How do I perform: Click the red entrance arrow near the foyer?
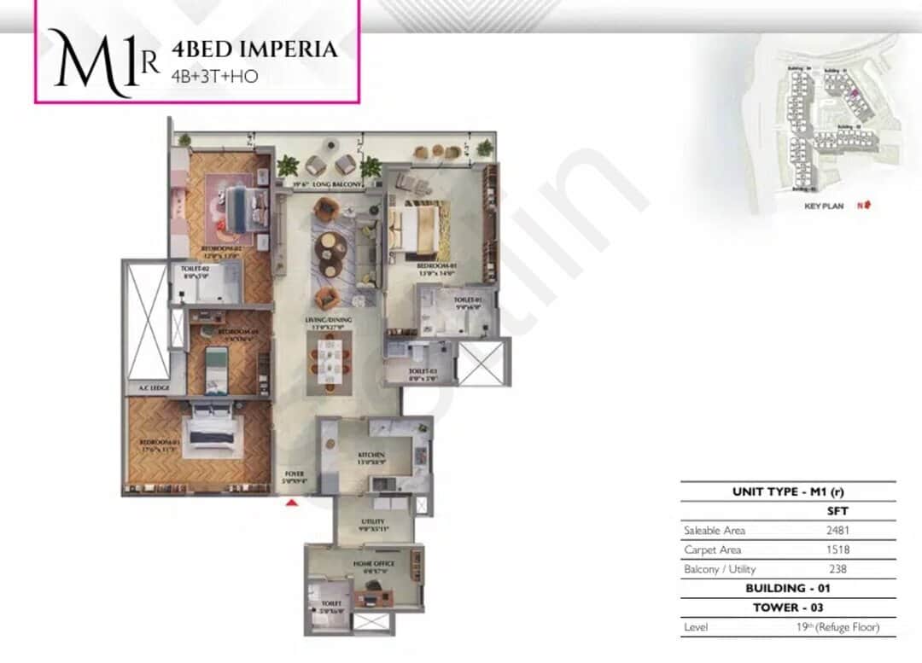pos(291,503)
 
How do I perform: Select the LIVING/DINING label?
pos(330,322)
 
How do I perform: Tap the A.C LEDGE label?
pos(154,388)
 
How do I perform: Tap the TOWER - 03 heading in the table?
pos(788,608)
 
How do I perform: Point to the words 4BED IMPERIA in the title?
pos(254,49)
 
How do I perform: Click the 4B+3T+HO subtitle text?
pos(214,76)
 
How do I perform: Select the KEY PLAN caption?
pos(824,206)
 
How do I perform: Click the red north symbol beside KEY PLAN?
pos(867,206)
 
